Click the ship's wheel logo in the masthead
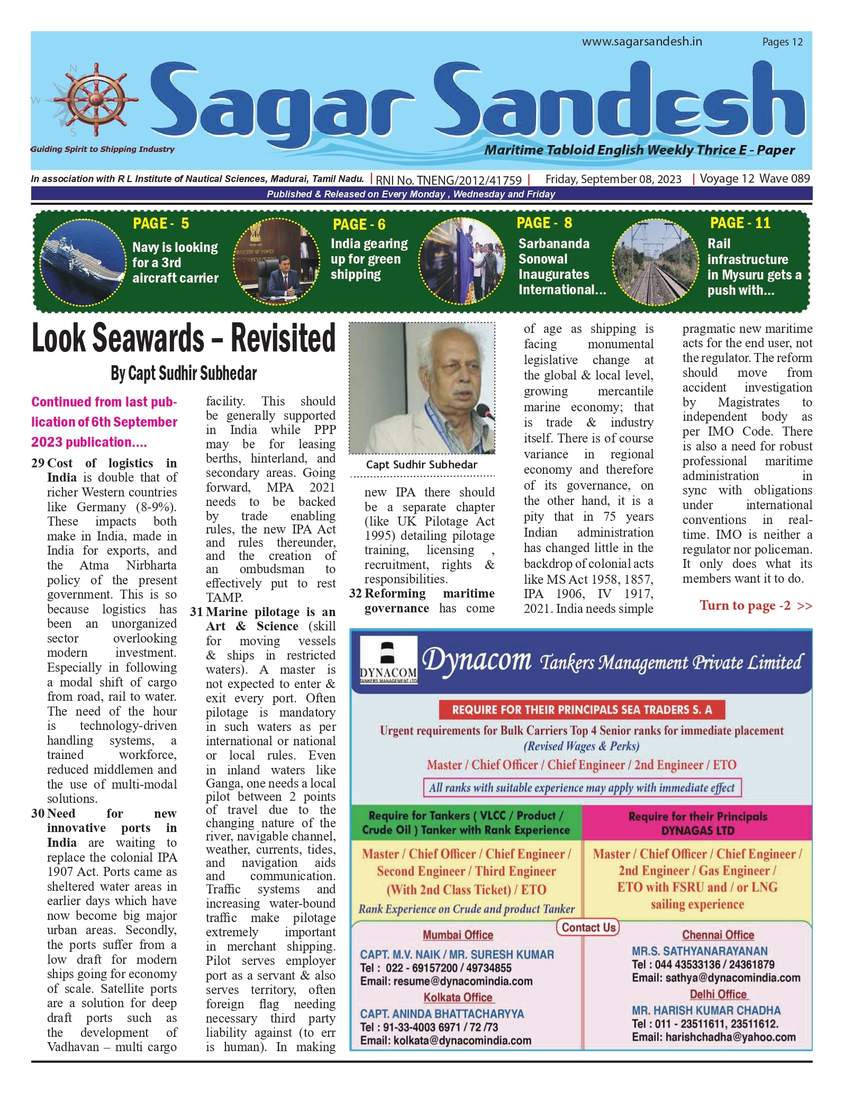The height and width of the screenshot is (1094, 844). tap(89, 100)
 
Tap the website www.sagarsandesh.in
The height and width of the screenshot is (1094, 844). tap(642, 41)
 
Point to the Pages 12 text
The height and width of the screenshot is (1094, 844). tap(782, 42)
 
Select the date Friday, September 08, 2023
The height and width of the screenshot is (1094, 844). tap(613, 179)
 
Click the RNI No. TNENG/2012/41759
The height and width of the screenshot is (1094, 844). tap(449, 180)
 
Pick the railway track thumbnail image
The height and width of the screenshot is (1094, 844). tap(655, 262)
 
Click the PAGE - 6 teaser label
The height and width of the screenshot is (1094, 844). tap(359, 224)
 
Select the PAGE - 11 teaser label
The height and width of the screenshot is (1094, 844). tap(740, 223)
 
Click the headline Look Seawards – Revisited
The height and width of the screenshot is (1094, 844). tap(184, 338)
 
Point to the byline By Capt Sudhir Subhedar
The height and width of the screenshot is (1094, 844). tap(184, 374)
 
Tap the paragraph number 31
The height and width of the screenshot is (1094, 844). tap(196, 612)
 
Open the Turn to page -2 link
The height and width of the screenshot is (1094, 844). tap(755, 605)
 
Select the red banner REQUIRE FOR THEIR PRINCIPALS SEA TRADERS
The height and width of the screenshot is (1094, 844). tap(582, 709)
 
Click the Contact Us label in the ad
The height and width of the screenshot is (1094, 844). tap(588, 927)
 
